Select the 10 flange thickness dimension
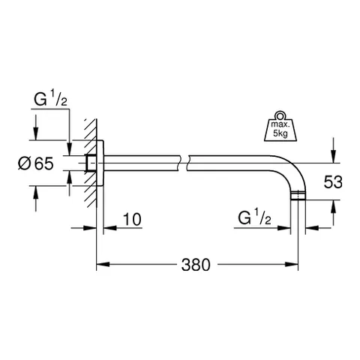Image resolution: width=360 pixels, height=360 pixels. pos(131,219)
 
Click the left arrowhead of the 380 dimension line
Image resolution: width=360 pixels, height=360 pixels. pos(101,264)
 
